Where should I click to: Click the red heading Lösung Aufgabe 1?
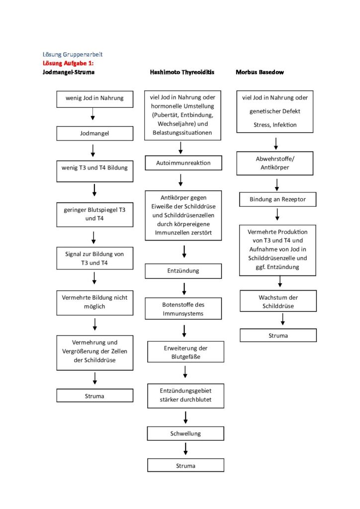tap(68, 63)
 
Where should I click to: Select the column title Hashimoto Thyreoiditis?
tap(182, 72)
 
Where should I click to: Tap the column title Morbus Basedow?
tap(260, 72)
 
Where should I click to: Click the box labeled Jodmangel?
tap(95, 133)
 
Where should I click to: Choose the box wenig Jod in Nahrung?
tap(95, 99)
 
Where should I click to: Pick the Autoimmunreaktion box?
tap(183, 163)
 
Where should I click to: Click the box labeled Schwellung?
tap(185, 433)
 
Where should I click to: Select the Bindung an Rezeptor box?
tap(277, 199)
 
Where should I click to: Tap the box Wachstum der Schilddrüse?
tap(278, 301)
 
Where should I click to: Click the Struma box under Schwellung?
tap(185, 465)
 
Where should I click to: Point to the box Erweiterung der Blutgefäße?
tap(185, 351)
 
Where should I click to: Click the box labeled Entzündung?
tap(183, 271)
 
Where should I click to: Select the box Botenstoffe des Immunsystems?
tap(183, 308)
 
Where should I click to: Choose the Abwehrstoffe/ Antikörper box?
tap(275, 163)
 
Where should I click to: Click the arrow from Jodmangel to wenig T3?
tap(93, 151)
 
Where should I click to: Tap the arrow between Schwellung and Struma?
tap(185, 449)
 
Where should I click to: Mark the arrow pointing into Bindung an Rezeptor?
tap(277, 185)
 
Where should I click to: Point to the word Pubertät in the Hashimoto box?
tap(166, 115)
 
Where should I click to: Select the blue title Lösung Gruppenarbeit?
tap(73, 55)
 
